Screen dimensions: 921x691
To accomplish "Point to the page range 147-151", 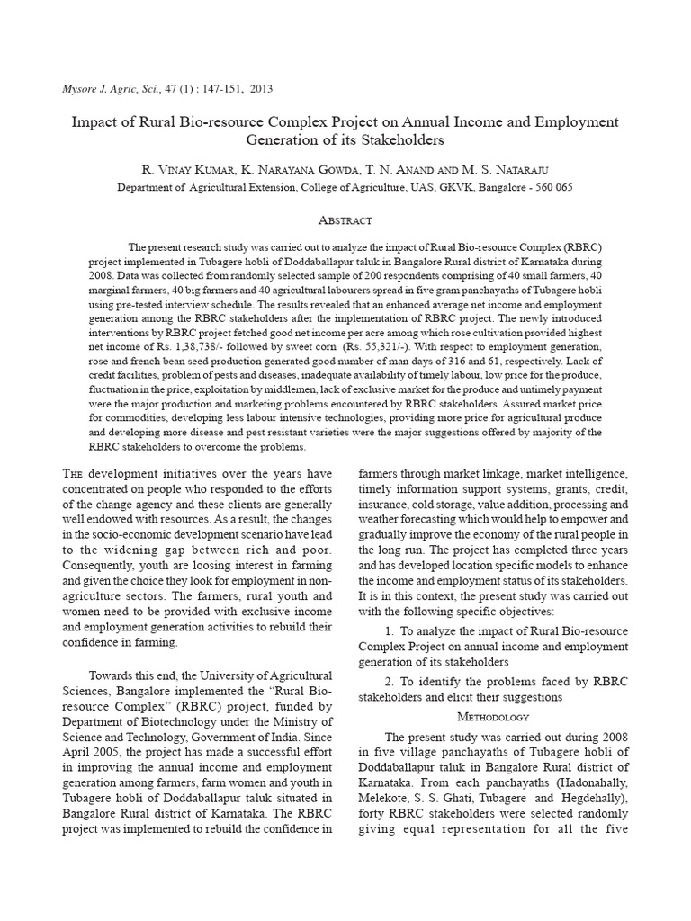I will coord(203,89).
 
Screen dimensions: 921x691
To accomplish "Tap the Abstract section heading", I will coord(345,220).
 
